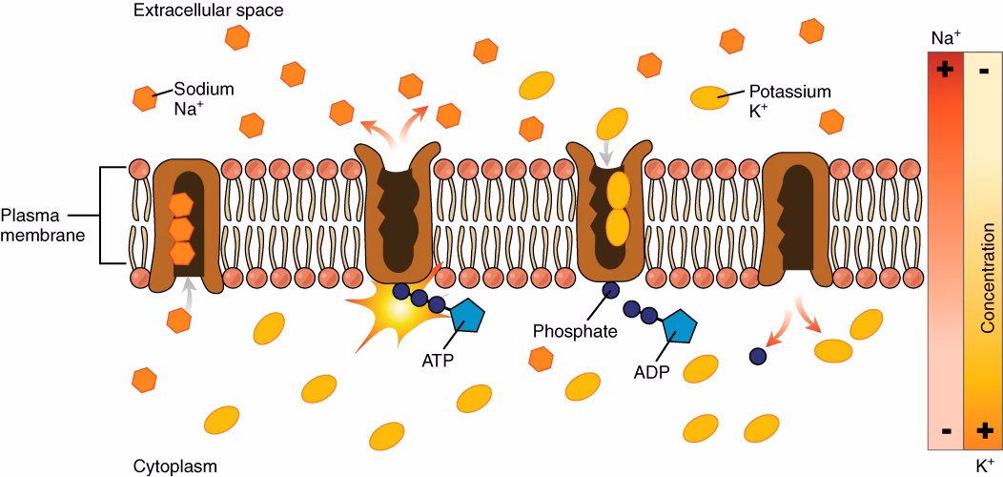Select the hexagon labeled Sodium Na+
click(145, 97)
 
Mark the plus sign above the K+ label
click(985, 430)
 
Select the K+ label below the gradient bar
click(985, 466)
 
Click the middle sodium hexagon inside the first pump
click(181, 229)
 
